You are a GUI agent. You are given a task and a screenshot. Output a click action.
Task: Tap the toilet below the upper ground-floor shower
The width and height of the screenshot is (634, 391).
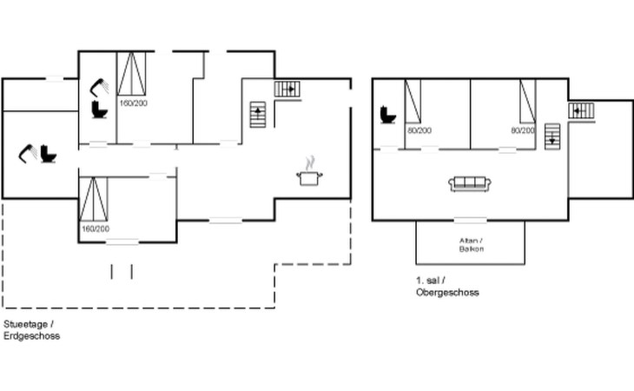click(x=100, y=109)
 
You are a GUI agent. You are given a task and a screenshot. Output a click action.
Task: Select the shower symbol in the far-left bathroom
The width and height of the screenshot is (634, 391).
click(x=29, y=153)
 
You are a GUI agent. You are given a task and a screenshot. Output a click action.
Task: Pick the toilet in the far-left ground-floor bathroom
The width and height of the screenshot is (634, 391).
click(x=49, y=154)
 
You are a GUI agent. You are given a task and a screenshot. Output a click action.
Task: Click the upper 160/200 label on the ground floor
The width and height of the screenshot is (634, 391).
click(x=134, y=103)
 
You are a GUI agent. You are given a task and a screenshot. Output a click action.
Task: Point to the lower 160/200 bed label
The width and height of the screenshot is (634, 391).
click(x=96, y=229)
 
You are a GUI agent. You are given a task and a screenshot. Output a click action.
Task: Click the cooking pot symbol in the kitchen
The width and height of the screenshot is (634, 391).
click(x=309, y=172)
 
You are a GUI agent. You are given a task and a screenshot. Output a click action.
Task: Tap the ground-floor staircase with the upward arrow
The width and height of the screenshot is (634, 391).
click(x=258, y=115)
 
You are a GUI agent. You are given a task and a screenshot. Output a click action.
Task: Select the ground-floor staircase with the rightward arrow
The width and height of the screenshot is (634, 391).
click(x=287, y=89)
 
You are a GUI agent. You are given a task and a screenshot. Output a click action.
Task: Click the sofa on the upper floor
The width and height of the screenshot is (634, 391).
click(x=470, y=183)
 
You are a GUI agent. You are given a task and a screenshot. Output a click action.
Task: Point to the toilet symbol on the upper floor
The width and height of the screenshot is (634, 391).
click(x=388, y=115)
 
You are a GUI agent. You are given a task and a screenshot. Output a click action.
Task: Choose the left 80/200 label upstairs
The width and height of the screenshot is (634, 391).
click(x=419, y=130)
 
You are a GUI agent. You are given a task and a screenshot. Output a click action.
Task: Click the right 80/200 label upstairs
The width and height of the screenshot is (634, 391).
click(x=523, y=130)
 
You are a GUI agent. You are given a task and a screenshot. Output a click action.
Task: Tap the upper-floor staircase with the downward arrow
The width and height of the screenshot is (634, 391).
click(x=552, y=136)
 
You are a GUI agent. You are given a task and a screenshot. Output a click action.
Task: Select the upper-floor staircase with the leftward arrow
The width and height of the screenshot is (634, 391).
click(x=581, y=110)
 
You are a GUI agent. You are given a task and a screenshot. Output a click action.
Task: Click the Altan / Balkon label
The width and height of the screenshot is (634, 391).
click(x=471, y=245)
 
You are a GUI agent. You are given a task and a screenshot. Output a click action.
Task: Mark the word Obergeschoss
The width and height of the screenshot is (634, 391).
click(x=447, y=292)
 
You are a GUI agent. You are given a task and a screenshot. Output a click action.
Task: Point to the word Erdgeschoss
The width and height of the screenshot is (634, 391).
click(x=32, y=335)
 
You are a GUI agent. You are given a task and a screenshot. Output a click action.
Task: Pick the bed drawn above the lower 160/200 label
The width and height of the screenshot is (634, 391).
click(x=94, y=199)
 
